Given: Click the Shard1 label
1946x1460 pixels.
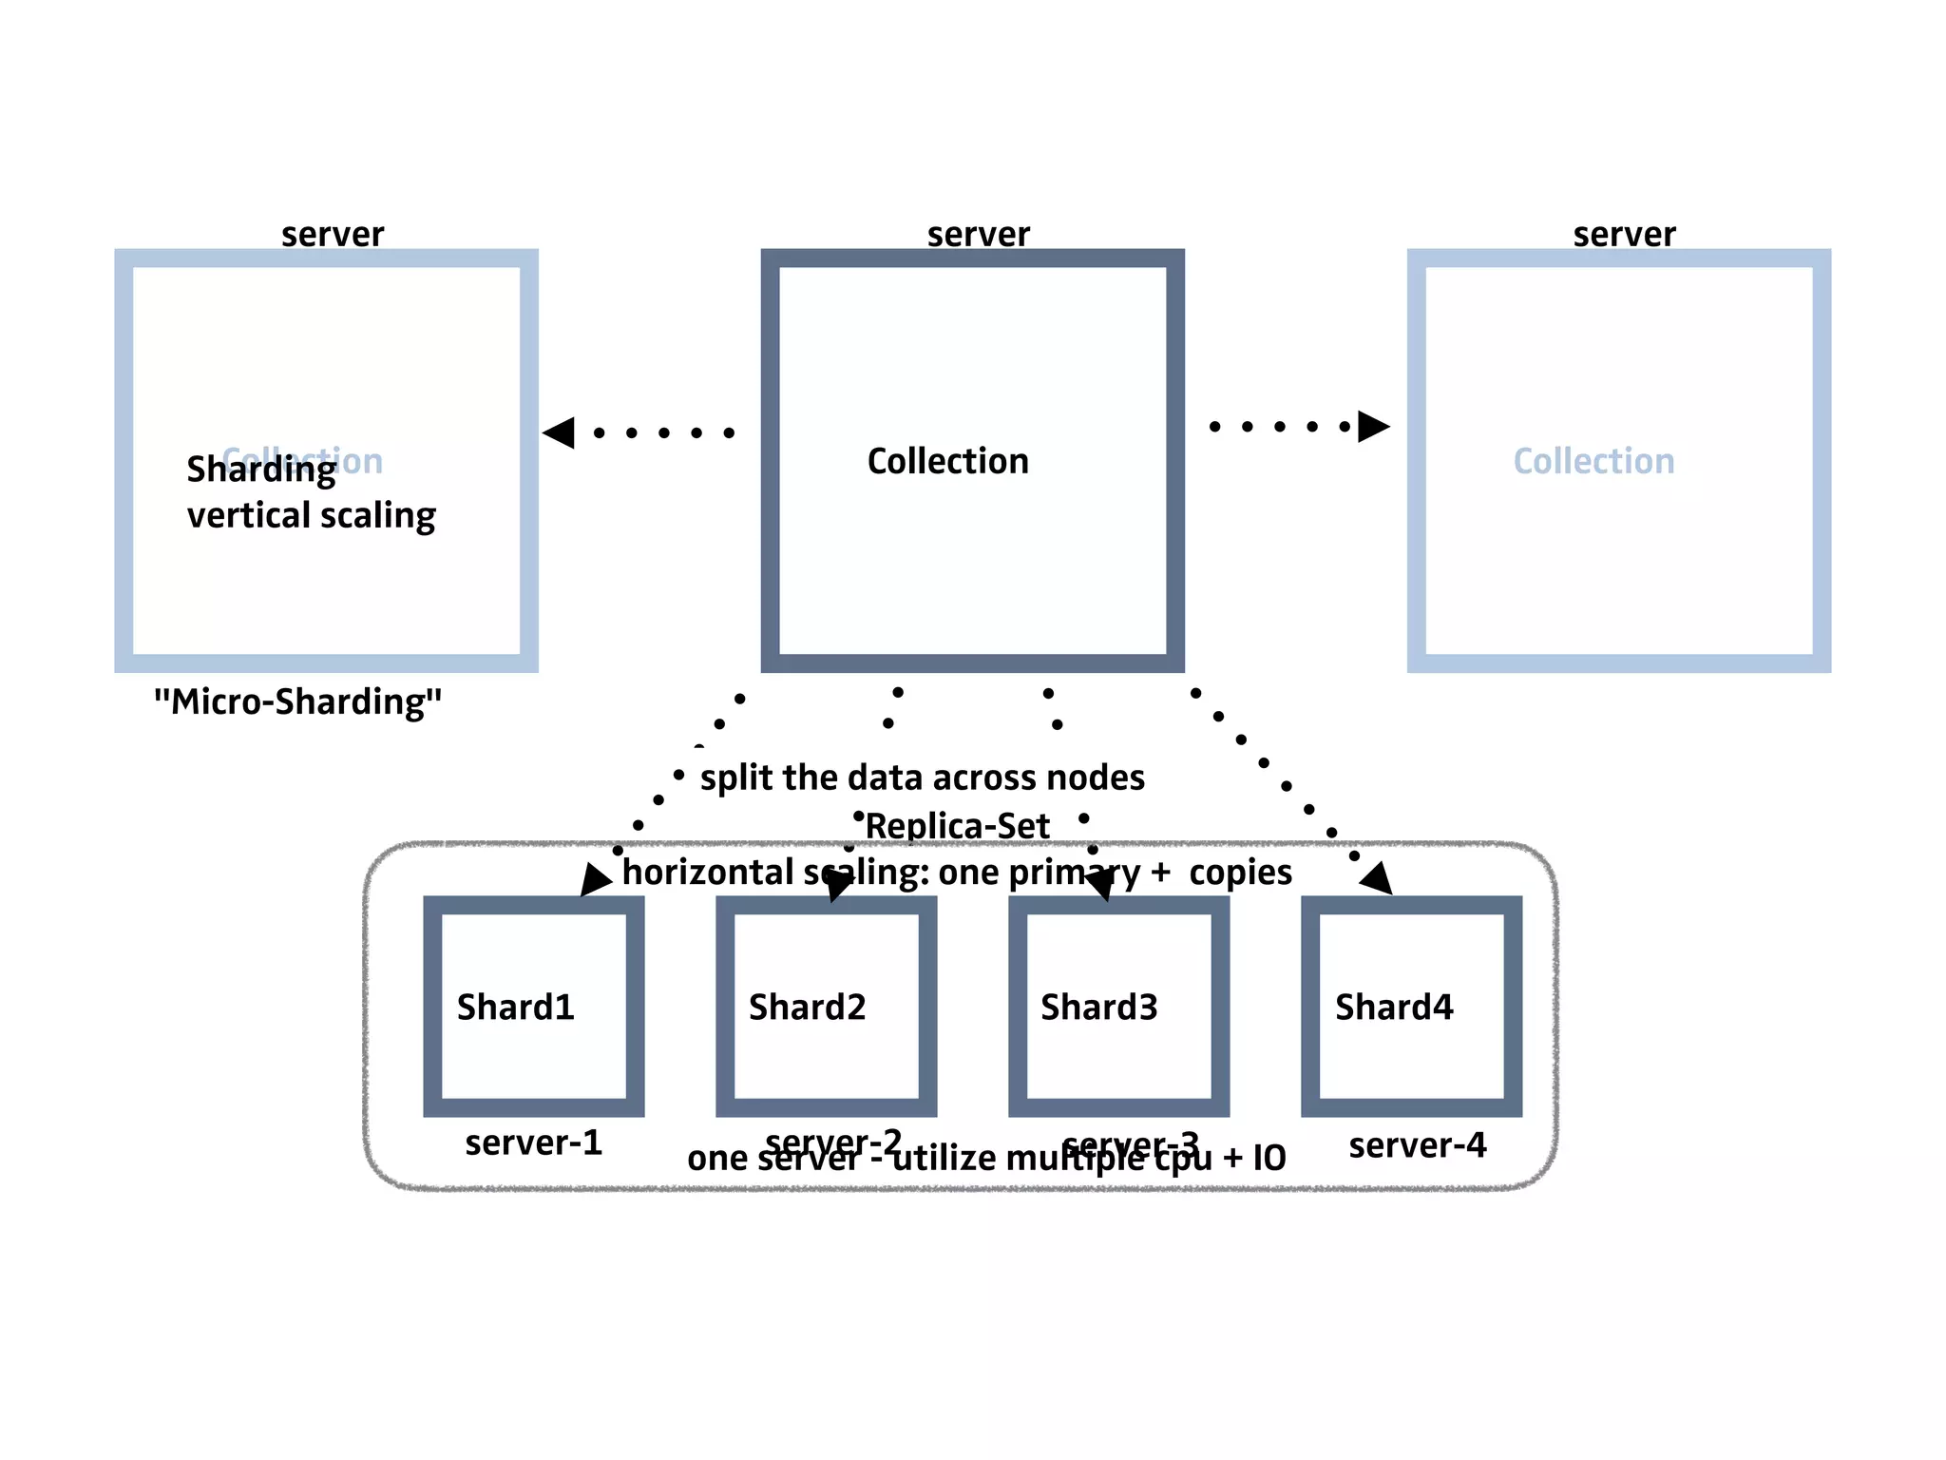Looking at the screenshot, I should tap(516, 1007).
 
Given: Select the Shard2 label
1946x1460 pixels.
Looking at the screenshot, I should tap(808, 1007).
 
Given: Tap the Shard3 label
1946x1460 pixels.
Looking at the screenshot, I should tap(1099, 1007).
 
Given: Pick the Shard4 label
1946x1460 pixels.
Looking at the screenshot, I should tap(1394, 1007).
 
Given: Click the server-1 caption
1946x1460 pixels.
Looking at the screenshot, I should tap(534, 1143).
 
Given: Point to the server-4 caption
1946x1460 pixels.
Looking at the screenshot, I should tap(1418, 1145).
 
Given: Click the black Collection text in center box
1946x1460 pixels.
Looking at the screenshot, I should tap(948, 461).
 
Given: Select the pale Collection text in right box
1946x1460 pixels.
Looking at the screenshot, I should tap(1593, 461).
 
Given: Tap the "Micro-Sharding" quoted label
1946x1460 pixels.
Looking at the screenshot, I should tap(298, 701).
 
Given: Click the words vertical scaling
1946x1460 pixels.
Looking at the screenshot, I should tap(312, 515).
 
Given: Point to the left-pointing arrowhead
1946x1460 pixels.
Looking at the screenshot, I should tap(560, 432).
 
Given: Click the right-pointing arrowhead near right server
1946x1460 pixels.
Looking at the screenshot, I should tap(1373, 427).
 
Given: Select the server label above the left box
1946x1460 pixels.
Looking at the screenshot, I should tap(333, 234).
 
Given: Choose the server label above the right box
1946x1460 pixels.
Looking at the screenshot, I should tap(1625, 234).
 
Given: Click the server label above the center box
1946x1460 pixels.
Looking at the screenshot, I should tap(979, 234).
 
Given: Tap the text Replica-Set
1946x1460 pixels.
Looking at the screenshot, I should tap(958, 826).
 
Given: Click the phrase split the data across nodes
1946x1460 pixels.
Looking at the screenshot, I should tap(923, 778).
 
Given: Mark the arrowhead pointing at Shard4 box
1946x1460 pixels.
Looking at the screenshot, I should tap(1378, 878).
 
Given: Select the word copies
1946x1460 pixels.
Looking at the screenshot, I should tap(1241, 873).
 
